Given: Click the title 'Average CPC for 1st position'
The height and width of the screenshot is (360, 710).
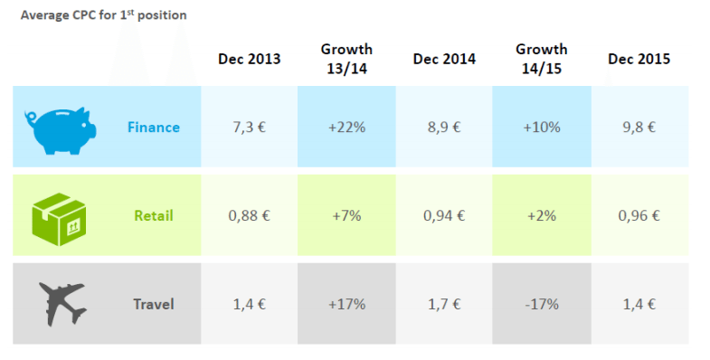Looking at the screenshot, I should click(104, 15).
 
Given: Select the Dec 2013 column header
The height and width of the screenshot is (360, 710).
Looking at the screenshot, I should click(249, 59).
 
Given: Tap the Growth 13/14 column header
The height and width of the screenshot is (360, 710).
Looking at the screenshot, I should click(346, 58).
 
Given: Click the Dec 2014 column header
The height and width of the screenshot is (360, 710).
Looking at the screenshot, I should click(444, 59).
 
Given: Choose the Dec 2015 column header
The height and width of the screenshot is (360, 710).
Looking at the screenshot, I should click(639, 59).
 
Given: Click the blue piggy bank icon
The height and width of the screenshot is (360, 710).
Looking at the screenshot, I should click(58, 128).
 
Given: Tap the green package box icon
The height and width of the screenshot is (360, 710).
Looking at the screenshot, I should click(59, 215).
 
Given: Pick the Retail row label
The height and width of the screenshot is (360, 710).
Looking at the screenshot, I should click(153, 215).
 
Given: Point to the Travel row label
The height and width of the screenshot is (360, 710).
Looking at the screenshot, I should click(153, 303).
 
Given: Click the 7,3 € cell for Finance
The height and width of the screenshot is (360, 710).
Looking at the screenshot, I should click(249, 128).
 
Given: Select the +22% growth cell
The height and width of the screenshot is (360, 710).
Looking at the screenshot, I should click(346, 128).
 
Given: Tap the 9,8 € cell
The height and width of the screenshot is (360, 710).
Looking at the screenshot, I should click(639, 128).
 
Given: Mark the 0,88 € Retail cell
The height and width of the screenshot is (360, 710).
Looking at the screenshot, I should click(249, 215).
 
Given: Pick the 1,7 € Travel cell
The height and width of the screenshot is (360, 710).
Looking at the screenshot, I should click(444, 303).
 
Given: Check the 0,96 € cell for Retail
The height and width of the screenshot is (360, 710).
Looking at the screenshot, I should click(639, 215).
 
